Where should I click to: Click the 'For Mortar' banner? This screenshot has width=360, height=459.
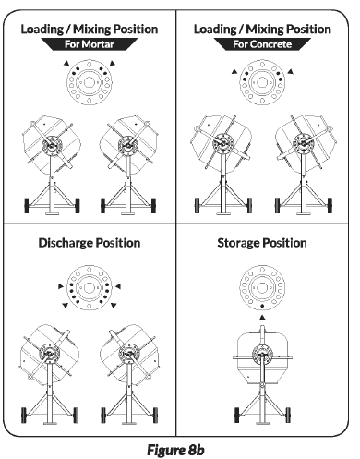coord(90,44)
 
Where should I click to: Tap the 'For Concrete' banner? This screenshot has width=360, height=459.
coord(262,44)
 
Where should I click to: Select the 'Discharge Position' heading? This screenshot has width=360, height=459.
coord(90,243)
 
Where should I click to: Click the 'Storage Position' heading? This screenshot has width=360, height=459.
coord(262,243)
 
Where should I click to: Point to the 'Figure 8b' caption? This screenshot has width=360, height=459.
coord(175,450)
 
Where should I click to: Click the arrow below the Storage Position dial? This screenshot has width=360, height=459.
coord(262,317)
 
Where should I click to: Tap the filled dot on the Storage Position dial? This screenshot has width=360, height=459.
coord(262,306)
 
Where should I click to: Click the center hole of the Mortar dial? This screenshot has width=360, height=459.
coord(90,82)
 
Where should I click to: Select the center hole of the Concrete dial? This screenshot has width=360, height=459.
coord(262,82)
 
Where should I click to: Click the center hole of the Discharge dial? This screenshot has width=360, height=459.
coord(90,288)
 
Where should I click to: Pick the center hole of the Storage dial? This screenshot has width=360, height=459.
coord(262,288)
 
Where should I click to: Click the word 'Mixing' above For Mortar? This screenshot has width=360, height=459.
coord(90,30)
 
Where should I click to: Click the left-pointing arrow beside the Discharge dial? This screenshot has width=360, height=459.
coord(118,286)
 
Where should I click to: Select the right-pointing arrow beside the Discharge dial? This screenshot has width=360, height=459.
coord(61,286)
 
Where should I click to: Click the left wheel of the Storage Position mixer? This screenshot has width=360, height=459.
coord(237,415)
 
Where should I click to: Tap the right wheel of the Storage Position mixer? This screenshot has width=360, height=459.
coord(288,415)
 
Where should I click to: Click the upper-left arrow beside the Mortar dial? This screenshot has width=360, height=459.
coord(66,64)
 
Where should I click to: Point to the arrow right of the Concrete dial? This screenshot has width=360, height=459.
coord(290,72)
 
